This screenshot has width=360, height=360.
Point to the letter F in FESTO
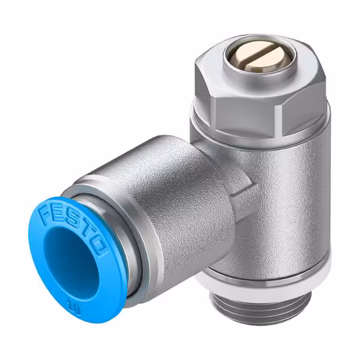coord(45,215)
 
